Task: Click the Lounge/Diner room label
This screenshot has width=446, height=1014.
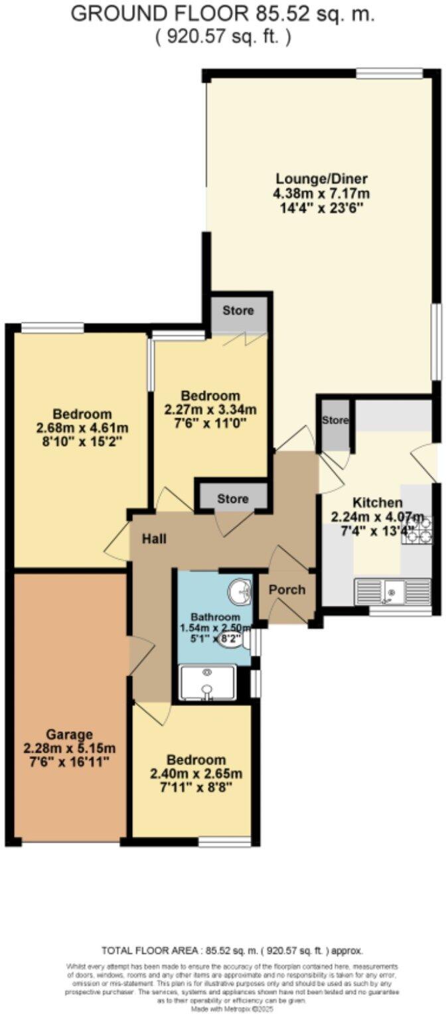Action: (x=322, y=180)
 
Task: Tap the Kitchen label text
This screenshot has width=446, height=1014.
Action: (x=376, y=502)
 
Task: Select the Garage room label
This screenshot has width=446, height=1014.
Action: (x=69, y=734)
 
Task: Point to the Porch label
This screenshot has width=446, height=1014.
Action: (x=287, y=589)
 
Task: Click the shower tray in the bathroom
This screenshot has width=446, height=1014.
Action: (x=208, y=682)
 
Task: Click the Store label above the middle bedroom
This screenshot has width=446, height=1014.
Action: (x=238, y=311)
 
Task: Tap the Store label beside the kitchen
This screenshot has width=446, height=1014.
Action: (x=335, y=420)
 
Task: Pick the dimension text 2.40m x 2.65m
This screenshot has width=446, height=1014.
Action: (x=196, y=774)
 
